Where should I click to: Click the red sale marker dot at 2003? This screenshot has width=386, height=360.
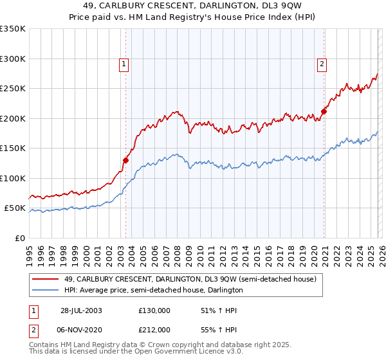(x=126, y=161)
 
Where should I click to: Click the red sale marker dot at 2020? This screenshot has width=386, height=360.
(x=324, y=111)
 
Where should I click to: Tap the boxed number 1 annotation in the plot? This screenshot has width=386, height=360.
(x=123, y=64)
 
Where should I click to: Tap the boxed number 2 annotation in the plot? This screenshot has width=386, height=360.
(x=321, y=64)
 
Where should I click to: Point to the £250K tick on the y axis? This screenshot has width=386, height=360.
(x=14, y=89)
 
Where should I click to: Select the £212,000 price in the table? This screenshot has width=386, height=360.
(x=154, y=329)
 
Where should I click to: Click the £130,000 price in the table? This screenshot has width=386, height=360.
(x=154, y=310)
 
